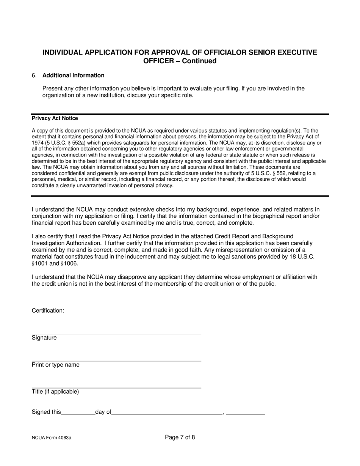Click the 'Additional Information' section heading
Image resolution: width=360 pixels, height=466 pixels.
[x=73, y=75]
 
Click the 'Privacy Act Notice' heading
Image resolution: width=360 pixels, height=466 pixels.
[x=55, y=118]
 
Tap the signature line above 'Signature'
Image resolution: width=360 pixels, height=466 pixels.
[x=116, y=333]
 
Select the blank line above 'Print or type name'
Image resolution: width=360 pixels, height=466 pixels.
[x=116, y=360]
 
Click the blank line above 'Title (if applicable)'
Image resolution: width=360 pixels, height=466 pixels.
[x=116, y=387]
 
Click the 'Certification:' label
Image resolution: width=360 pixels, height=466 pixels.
[x=48, y=311]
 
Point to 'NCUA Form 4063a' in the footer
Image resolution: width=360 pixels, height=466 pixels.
[x=52, y=438]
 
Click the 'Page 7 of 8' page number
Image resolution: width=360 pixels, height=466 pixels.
[x=180, y=438]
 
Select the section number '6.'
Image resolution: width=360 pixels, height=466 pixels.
[x=34, y=75]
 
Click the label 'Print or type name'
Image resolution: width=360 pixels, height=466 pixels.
[x=56, y=365]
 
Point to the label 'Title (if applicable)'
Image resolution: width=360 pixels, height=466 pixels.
[x=55, y=392]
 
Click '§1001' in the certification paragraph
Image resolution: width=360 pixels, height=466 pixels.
[x=40, y=264]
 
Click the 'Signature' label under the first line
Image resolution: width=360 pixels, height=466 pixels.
[x=44, y=338]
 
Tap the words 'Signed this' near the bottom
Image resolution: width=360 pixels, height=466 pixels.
[x=46, y=412]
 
